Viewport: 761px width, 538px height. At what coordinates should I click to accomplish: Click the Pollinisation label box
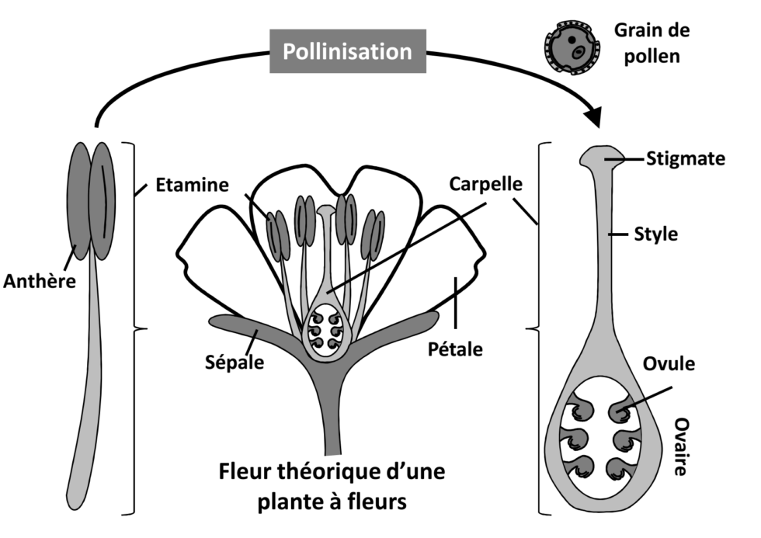(347, 51)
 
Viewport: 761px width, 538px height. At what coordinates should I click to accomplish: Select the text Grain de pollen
(652, 43)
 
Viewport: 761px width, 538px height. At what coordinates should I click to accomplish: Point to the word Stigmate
(686, 159)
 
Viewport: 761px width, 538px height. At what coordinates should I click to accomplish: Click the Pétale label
(455, 349)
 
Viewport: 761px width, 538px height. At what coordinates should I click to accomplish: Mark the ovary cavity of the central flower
(326, 331)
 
